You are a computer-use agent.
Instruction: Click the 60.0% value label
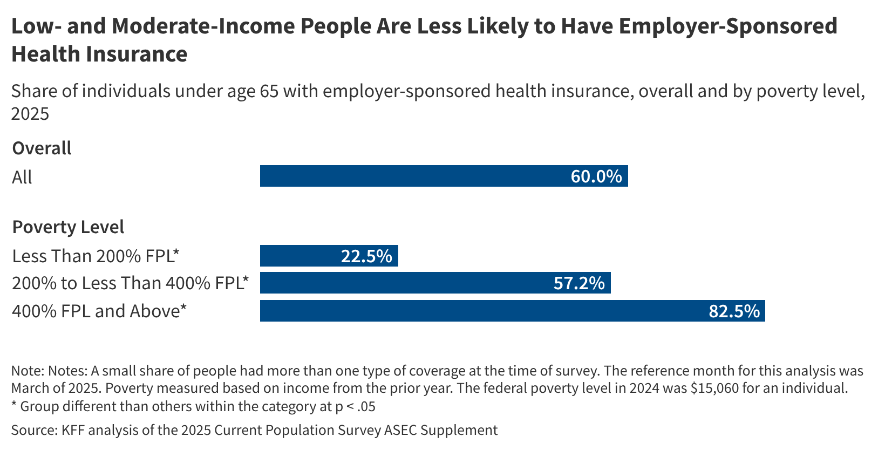(596, 176)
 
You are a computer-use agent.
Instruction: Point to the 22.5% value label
(366, 256)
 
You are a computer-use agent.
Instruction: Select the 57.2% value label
(579, 283)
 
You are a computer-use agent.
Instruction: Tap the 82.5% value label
(734, 311)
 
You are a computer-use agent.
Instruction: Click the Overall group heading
(42, 148)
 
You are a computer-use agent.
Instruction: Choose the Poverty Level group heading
(68, 227)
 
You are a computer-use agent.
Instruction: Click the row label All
(22, 177)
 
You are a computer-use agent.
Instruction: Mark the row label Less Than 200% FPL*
(95, 256)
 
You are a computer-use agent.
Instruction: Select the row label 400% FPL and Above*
(99, 311)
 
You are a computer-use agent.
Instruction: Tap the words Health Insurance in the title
(99, 54)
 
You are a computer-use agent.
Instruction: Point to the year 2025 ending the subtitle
(30, 113)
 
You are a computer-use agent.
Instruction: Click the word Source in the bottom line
(32, 430)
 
